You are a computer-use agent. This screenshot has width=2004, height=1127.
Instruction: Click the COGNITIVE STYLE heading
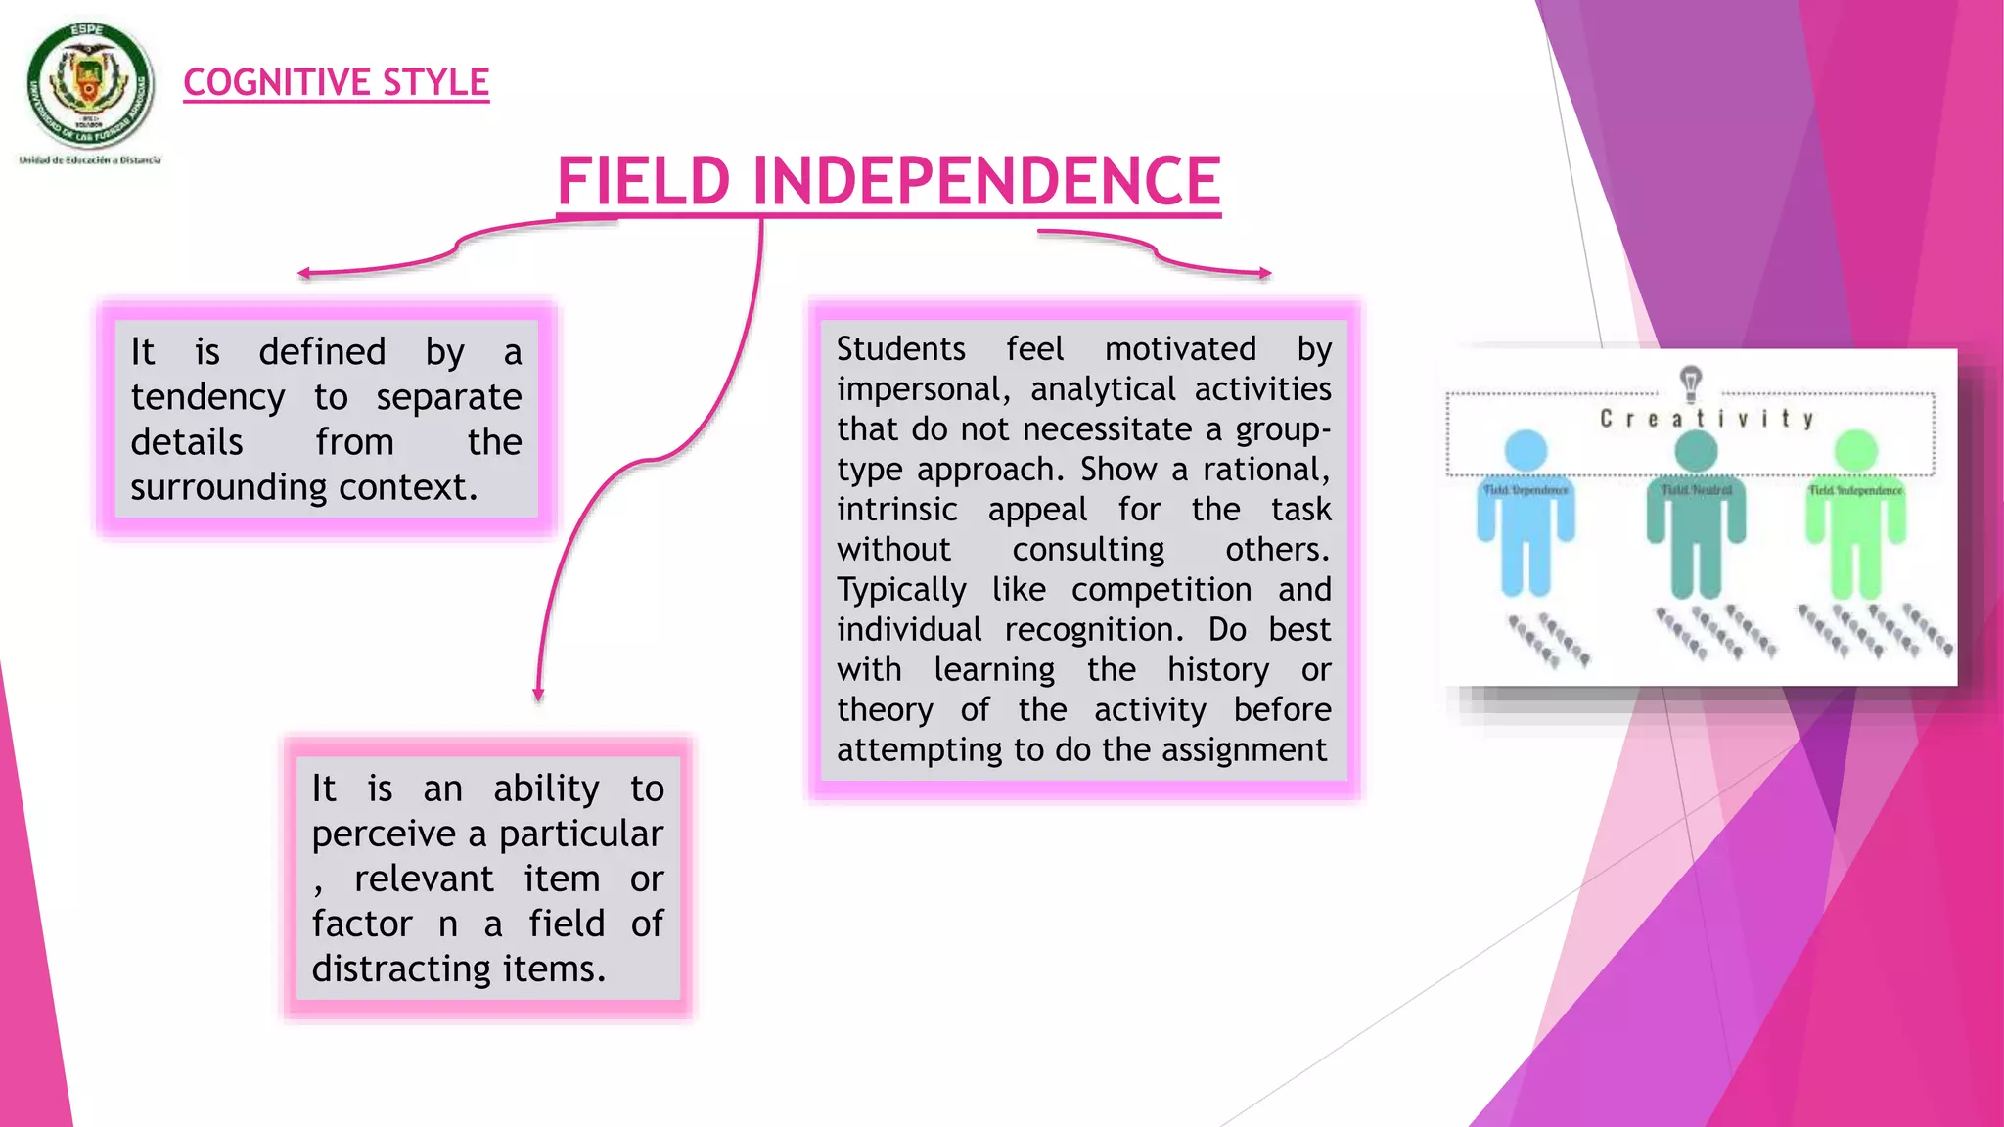(336, 82)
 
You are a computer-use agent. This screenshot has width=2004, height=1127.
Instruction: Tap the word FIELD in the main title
(644, 181)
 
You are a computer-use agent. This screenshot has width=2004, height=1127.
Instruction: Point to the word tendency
(207, 397)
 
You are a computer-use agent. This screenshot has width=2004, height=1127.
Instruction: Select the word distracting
(401, 969)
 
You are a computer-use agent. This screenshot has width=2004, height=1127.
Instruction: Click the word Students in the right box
(900, 349)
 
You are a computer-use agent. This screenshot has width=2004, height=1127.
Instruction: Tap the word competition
(1161, 590)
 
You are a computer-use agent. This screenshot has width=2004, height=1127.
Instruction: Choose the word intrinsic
(896, 510)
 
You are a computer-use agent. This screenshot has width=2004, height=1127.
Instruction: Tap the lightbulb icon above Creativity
(1690, 382)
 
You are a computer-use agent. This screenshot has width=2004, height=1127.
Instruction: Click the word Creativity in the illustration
(1707, 419)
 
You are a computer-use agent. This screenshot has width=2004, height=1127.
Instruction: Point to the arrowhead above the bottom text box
(538, 695)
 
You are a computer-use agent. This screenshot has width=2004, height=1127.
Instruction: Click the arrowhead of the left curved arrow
(304, 274)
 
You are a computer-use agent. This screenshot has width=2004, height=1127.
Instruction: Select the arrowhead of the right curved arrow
(1265, 274)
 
